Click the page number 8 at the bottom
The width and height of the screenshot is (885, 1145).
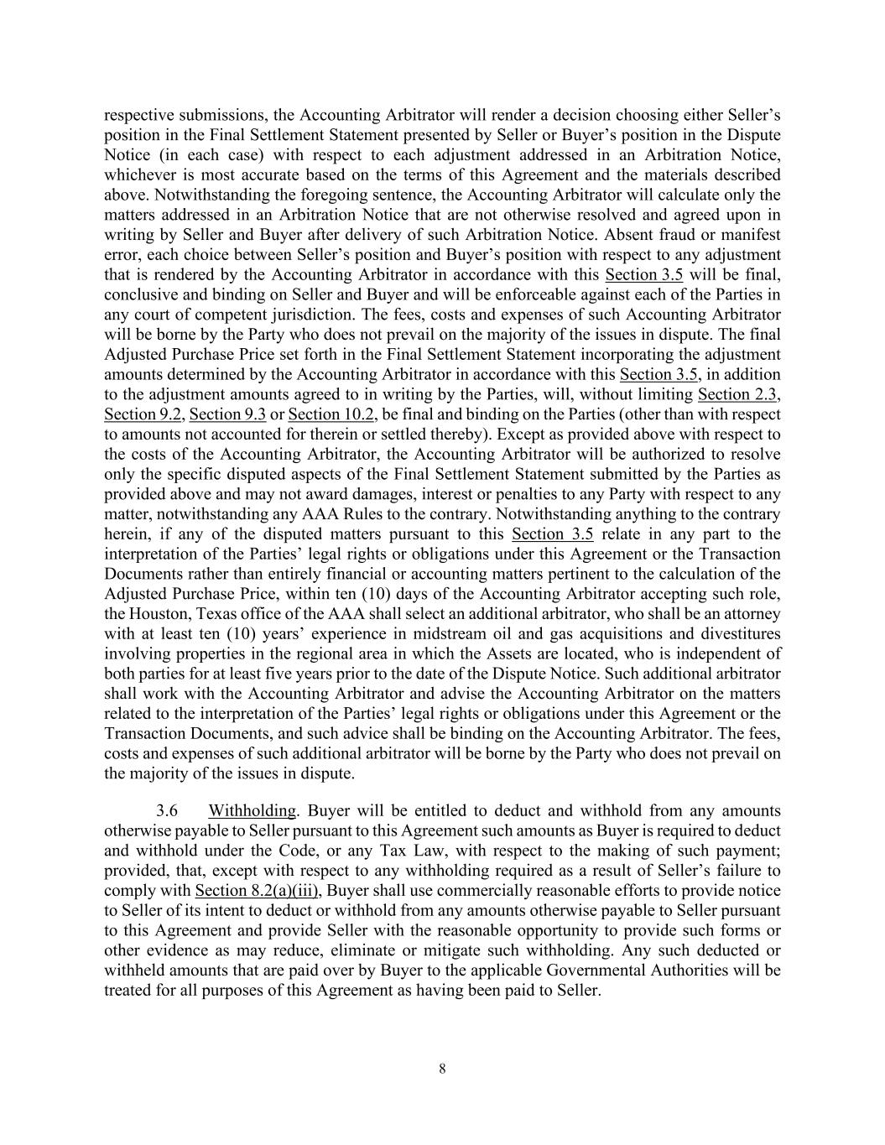(x=442, y=1069)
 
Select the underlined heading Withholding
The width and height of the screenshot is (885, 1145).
(x=252, y=810)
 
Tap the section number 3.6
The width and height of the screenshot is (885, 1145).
(x=167, y=810)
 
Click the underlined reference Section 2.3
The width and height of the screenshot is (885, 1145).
(x=738, y=394)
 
